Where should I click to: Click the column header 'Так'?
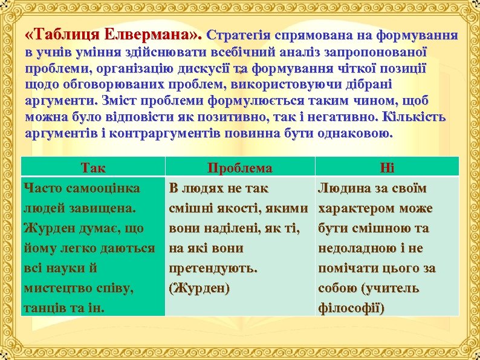click(x=92, y=168)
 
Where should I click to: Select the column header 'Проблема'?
click(x=239, y=168)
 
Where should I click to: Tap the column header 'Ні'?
click(x=386, y=168)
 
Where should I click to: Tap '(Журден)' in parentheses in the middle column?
click(x=199, y=288)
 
